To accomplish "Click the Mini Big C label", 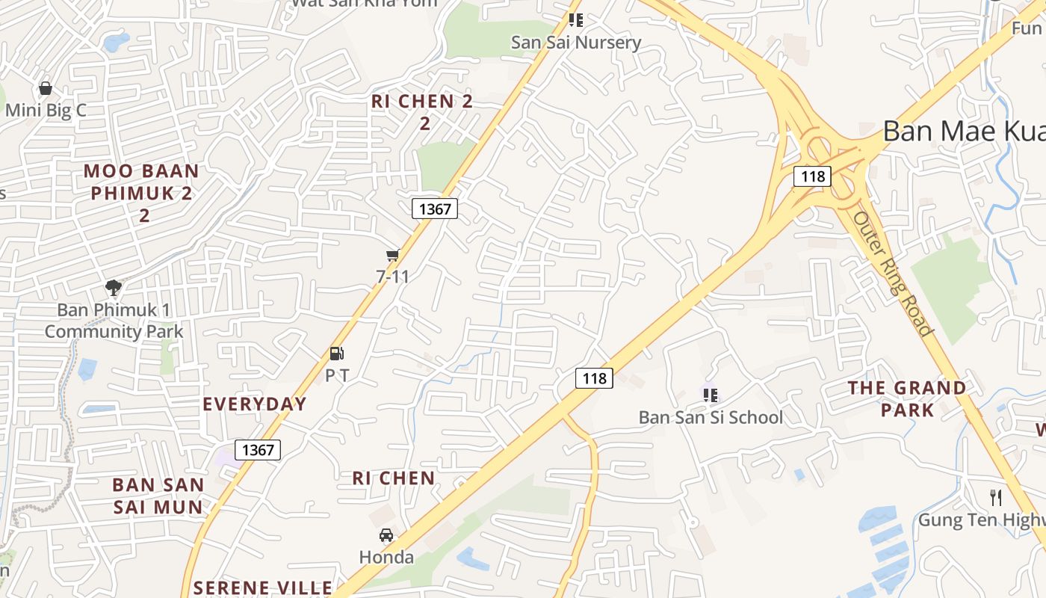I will pos(46,111).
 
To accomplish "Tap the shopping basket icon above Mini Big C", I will pos(46,88).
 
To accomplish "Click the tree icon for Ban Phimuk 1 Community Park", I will pos(114,287).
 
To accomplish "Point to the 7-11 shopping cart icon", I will pos(393,256).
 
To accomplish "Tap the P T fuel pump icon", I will pos(337,354).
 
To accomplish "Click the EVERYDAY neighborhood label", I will pos(255,404).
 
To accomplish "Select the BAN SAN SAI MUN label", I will pos(158,496).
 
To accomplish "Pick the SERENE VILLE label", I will pos(262,588).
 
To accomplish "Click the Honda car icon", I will pos(386,535).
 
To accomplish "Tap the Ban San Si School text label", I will pos(711,417).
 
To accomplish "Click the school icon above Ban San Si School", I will pos(710,394).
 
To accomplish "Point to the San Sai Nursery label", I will pos(576,43).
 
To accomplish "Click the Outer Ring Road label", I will pos(893,274).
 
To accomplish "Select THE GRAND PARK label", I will pos(907,398).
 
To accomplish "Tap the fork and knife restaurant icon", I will pos(996,498).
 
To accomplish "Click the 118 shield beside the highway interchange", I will pos(811,176).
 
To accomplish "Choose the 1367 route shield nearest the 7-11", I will pos(435,209).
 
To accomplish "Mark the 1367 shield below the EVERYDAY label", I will pos(259,449).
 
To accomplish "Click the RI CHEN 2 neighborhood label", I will pos(423,111).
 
